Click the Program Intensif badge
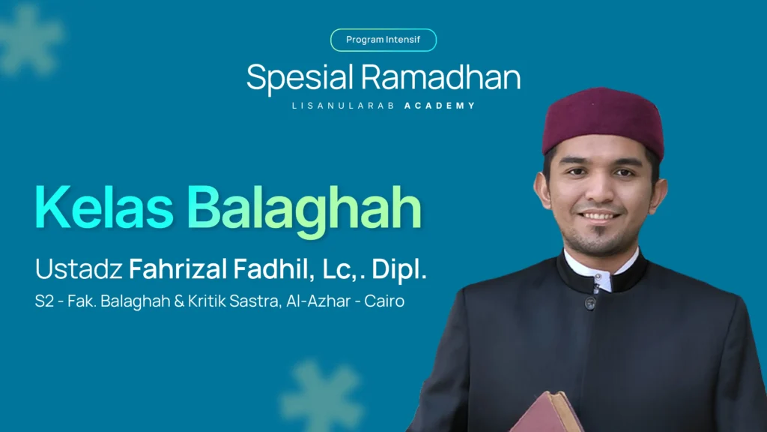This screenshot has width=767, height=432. pyautogui.click(x=383, y=40)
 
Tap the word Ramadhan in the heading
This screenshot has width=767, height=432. pyautogui.click(x=440, y=77)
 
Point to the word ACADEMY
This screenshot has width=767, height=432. pyautogui.click(x=440, y=106)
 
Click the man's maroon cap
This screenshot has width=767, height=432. pyautogui.click(x=602, y=120)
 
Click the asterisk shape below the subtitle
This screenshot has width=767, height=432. pyautogui.click(x=321, y=396)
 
